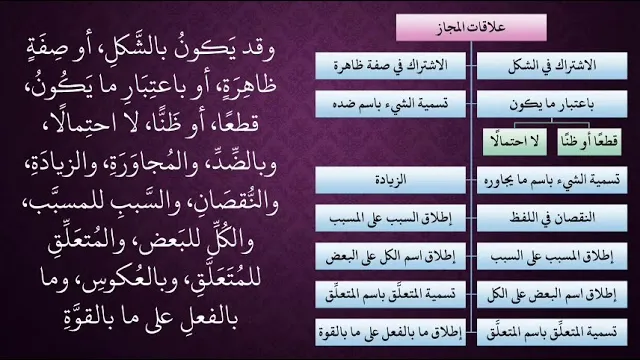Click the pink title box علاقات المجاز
tap(471, 27)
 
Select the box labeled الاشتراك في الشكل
tap(552, 65)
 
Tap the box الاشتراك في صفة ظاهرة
tap(390, 65)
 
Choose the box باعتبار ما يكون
tap(552, 104)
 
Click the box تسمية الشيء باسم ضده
tap(390, 104)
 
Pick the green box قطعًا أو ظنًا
tap(589, 142)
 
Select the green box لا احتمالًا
tap(515, 142)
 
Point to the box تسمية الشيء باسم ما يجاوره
tap(552, 180)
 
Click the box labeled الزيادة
tap(390, 180)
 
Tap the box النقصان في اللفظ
tap(552, 218)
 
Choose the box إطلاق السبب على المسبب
tap(390, 218)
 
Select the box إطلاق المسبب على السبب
tap(552, 256)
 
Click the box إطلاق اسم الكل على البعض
tap(390, 256)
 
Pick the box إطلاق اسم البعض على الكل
tap(552, 294)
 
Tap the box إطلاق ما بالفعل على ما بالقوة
tap(390, 332)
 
